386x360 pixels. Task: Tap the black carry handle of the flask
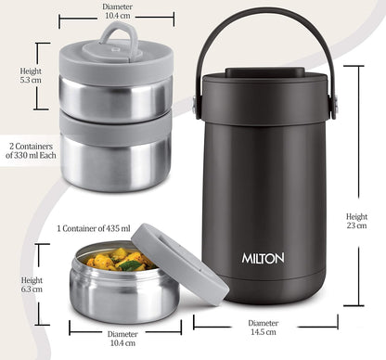point(264,27)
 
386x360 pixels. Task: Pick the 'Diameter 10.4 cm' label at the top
point(116,10)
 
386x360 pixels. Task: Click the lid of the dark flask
point(264,81)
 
